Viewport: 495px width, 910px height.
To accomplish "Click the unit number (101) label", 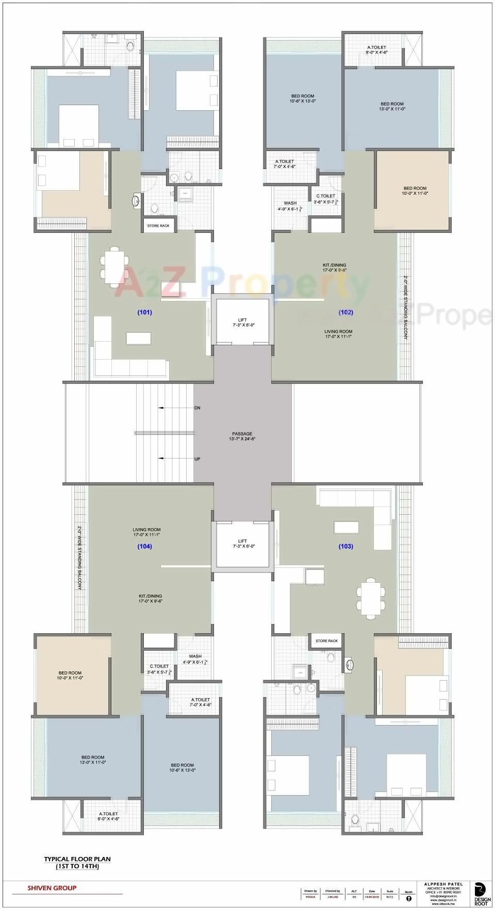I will [x=144, y=312].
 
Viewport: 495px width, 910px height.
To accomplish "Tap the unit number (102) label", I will [x=345, y=312].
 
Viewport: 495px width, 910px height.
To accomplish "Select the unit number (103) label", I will [x=345, y=546].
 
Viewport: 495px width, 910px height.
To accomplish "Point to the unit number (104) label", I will [x=144, y=546].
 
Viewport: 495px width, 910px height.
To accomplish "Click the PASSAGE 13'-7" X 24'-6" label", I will [x=242, y=436].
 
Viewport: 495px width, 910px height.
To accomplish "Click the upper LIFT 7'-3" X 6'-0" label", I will [x=242, y=323].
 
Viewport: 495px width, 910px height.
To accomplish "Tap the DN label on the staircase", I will [x=197, y=408].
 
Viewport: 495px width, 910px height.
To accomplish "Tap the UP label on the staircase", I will [x=197, y=459].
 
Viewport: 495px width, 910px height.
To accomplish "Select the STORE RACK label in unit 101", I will [x=158, y=226].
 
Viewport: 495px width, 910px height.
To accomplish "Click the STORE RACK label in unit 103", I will [x=326, y=641].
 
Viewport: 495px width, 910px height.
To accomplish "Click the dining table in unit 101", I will [x=114, y=266].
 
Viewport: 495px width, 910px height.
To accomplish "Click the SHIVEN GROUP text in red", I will [x=52, y=888].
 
